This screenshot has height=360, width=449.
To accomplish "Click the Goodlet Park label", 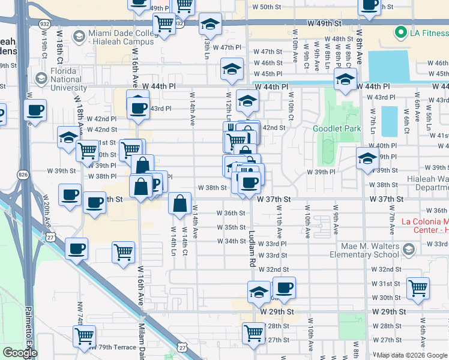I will [337, 128].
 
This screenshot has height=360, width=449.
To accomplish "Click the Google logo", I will [20, 353].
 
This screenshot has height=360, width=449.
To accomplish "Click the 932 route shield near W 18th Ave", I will [46, 23].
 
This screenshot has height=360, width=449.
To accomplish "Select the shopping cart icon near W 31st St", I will [418, 287].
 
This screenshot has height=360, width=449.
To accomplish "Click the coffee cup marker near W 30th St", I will [284, 287].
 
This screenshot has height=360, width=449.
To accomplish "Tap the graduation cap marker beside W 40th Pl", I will [367, 158].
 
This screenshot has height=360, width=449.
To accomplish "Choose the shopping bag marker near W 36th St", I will [179, 203].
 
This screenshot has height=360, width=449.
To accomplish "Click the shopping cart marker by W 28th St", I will [254, 332].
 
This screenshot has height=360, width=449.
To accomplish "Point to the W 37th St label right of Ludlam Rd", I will [274, 199].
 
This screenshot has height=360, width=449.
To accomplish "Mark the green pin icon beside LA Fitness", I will [399, 32].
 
